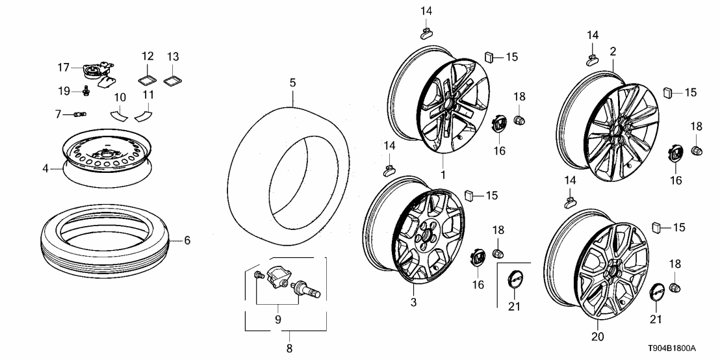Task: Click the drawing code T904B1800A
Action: (x=680, y=349)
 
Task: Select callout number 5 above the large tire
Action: (x=292, y=83)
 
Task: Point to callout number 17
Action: (x=63, y=67)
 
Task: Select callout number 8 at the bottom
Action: (x=289, y=348)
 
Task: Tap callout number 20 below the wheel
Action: (x=598, y=337)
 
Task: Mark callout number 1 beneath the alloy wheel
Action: (x=443, y=175)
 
